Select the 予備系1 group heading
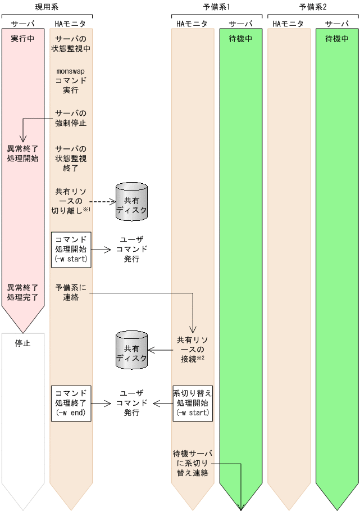pos(216,7)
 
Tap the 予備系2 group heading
pos(313,7)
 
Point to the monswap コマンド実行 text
pos(71,80)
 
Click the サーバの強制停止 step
pos(71,117)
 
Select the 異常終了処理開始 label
pos(22,153)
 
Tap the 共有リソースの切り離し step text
pos(71,201)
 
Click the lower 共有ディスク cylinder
pos(131,351)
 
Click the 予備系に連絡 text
pos(71,292)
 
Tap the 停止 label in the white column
pos(22,343)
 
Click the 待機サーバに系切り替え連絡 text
pos(193,463)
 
